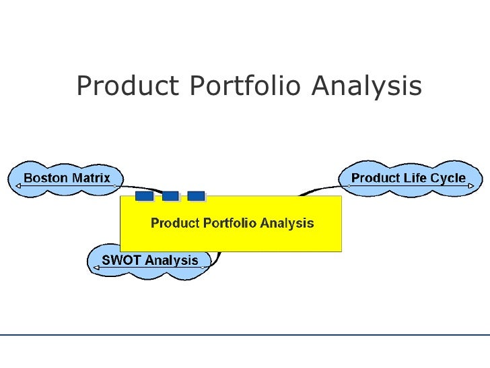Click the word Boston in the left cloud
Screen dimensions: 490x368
point(46,179)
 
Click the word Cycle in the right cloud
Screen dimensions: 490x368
point(448,179)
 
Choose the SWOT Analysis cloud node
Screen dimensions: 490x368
point(149,260)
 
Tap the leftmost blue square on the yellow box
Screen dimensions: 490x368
point(144,195)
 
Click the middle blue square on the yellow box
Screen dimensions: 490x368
point(170,195)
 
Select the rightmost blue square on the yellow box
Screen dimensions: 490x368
point(196,195)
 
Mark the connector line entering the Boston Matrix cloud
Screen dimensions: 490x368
point(138,189)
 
